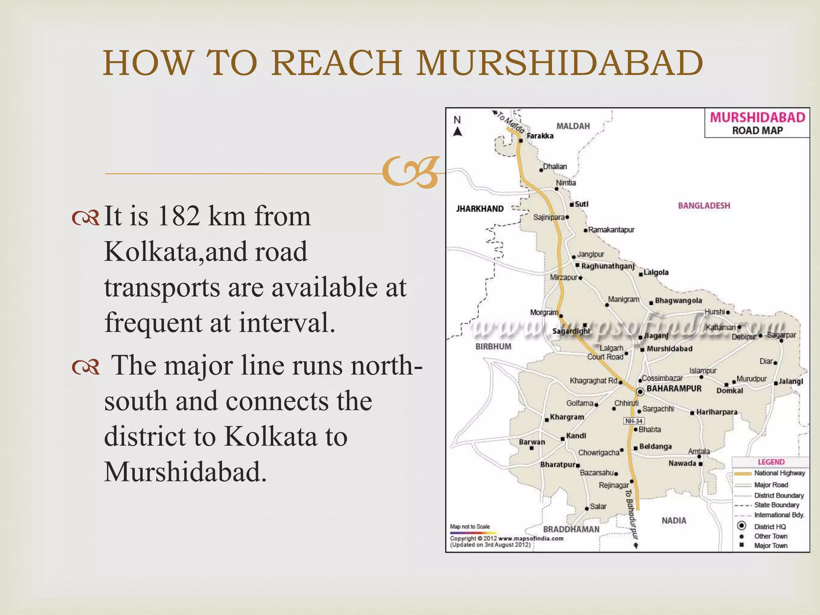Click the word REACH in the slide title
(x=336, y=63)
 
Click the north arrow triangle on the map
(x=457, y=132)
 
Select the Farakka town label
(x=540, y=136)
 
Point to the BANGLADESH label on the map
(x=704, y=205)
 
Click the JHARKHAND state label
(x=480, y=209)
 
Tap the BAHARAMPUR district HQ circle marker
(x=640, y=391)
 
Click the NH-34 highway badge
(x=634, y=421)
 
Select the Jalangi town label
(x=791, y=382)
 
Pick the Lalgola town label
(x=656, y=272)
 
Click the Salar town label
(x=598, y=506)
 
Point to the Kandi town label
(x=576, y=436)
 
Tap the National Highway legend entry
(x=779, y=473)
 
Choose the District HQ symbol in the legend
(x=742, y=526)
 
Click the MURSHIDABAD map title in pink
(x=757, y=117)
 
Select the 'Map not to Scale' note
(x=470, y=527)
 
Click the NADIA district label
(x=674, y=521)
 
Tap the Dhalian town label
(x=555, y=167)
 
